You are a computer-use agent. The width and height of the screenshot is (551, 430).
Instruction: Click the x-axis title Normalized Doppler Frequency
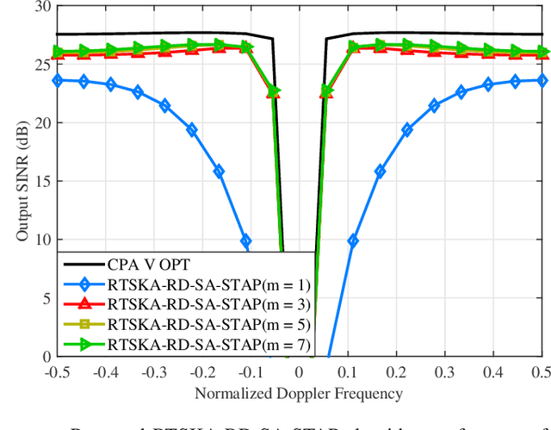click(299, 394)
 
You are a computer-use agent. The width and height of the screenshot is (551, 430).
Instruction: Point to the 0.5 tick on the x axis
click(540, 371)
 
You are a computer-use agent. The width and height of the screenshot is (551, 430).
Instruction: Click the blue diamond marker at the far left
click(58, 80)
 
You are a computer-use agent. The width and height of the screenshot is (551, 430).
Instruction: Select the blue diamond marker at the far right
click(541, 80)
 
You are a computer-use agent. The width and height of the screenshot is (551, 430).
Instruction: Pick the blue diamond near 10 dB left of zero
click(245, 241)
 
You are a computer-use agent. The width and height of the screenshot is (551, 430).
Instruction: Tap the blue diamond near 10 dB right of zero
click(353, 241)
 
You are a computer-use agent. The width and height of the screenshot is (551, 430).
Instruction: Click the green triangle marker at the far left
click(58, 52)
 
